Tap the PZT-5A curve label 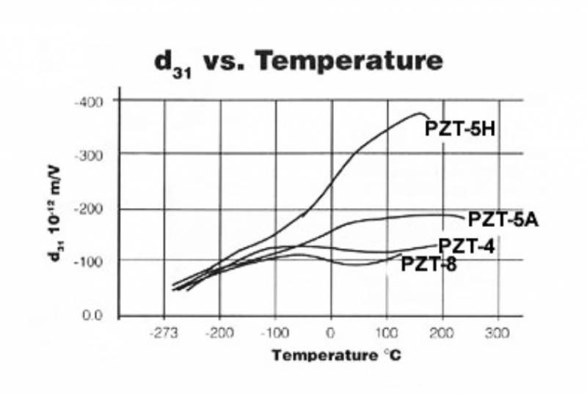[503, 219]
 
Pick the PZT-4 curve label [467, 246]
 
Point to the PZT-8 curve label [429, 264]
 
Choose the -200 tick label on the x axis [219, 333]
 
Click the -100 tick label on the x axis [275, 333]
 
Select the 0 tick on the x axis [332, 333]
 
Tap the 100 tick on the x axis [387, 333]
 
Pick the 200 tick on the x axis [442, 333]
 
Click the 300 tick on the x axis [498, 333]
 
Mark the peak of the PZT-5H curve [420, 113]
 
